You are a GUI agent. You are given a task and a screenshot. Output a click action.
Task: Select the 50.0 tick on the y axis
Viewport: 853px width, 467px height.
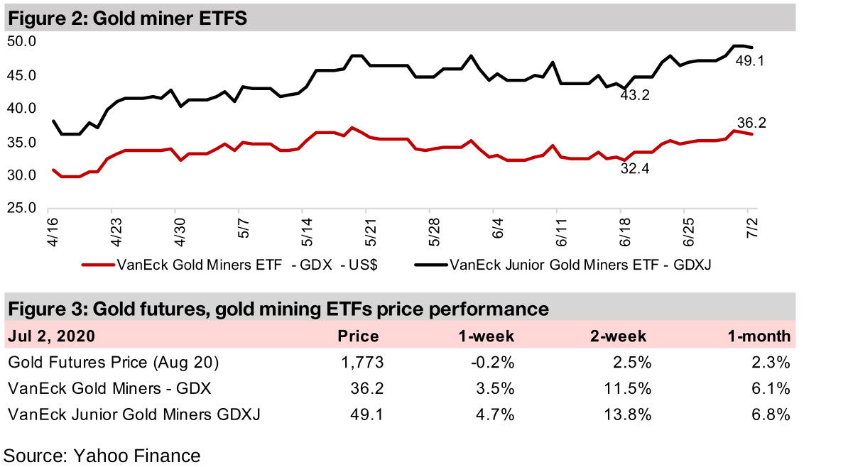point(21,42)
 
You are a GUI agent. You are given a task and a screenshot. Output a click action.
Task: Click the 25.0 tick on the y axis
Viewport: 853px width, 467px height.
point(21,209)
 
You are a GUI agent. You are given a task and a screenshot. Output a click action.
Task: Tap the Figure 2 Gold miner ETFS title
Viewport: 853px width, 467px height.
point(127,19)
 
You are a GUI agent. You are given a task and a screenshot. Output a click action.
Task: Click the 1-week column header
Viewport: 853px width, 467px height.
point(489,336)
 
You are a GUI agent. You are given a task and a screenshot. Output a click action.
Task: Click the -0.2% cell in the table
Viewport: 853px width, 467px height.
point(496,363)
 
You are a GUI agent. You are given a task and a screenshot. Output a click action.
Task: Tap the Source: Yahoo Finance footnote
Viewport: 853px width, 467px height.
point(102,454)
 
